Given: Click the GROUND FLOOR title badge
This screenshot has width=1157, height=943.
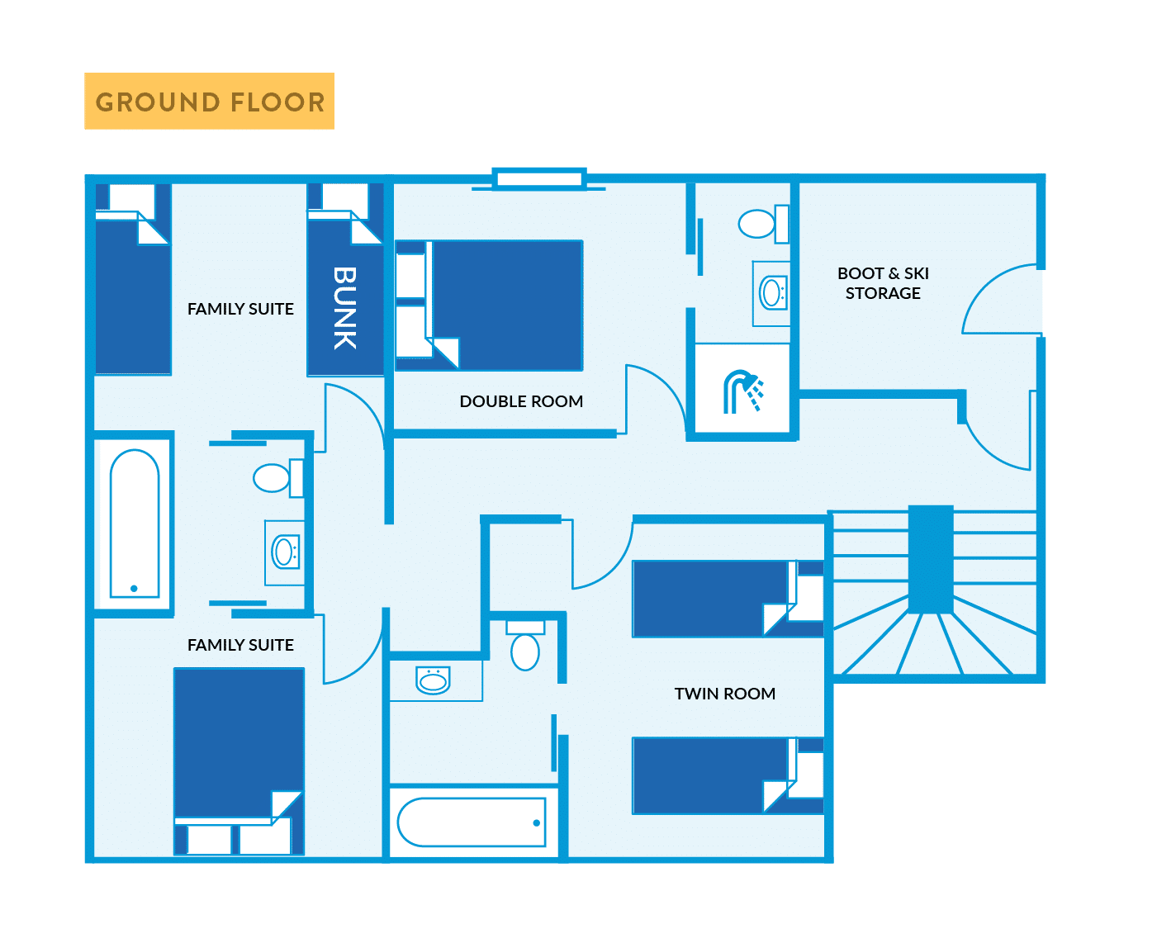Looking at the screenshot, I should pos(209,102).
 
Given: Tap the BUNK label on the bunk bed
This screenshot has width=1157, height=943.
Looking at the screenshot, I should pos(345,308).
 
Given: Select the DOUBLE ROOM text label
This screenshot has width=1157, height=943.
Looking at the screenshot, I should pos(521,401).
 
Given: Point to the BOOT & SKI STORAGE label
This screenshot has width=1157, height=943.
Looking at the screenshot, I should pos(883,283).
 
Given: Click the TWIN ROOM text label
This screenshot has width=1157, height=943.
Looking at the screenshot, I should pos(724,694).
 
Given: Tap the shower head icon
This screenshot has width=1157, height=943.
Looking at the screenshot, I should pos(742,391).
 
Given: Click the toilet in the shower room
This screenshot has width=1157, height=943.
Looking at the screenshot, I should pos(759,223).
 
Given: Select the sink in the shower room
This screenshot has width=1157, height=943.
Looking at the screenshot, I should pos(772,293).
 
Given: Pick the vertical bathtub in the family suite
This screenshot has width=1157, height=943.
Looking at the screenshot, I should pos(134,523).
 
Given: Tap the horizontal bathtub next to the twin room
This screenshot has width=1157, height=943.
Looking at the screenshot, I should pos(472,822).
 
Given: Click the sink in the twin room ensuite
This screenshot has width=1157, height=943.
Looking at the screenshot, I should pos(433,680).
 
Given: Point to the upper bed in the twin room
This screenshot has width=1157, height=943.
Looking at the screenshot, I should pos(710,599).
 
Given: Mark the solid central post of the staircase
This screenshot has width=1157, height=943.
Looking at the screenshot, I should pos(931,559).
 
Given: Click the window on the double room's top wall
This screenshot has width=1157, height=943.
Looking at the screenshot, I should pos(539,178).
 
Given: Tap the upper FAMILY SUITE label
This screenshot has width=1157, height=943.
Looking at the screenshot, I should pos(240,309).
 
